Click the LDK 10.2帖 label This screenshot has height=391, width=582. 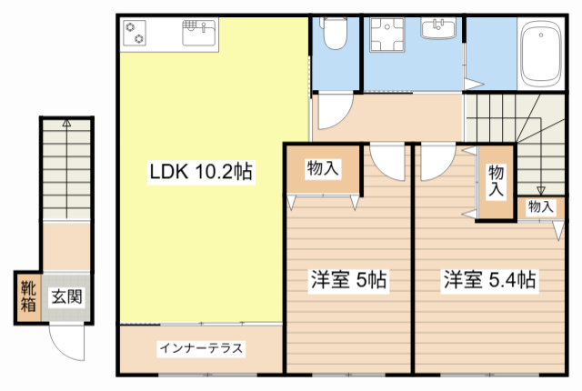[x=201, y=171]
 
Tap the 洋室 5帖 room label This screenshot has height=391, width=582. [x=349, y=280]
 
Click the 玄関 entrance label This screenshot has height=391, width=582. [x=65, y=296]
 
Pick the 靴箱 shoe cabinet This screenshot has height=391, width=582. [x=27, y=297]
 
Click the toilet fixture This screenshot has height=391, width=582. [x=334, y=35]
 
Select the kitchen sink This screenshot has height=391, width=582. [x=198, y=35]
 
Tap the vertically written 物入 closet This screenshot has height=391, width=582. [x=496, y=180]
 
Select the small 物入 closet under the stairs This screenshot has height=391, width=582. [x=540, y=207]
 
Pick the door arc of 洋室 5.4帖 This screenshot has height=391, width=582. [x=436, y=161]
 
